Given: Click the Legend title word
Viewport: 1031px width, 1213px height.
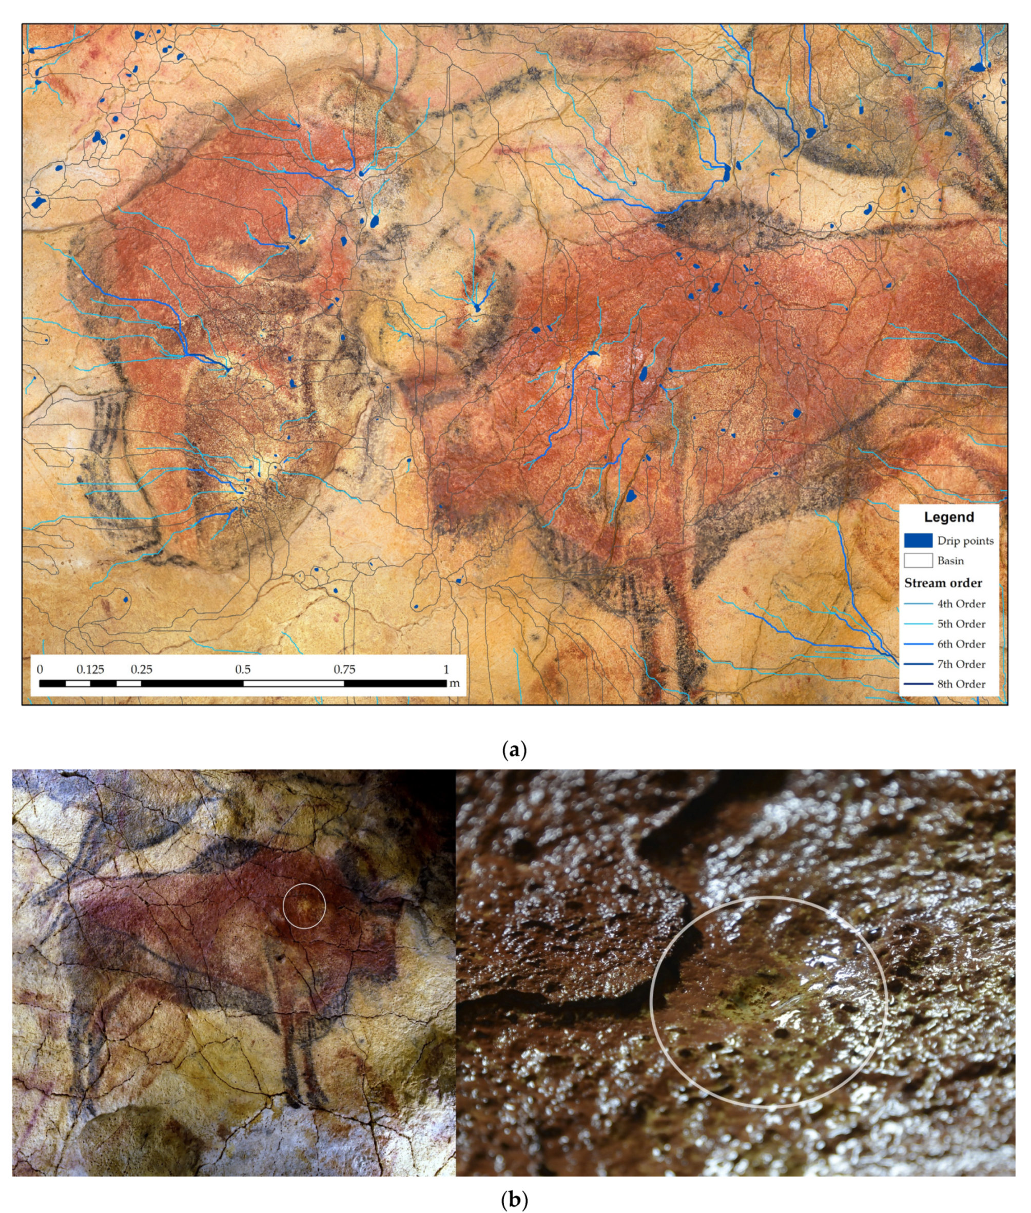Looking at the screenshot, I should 948,517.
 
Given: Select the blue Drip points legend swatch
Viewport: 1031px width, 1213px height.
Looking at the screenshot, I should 918,540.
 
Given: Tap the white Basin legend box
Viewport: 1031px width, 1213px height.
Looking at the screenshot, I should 918,560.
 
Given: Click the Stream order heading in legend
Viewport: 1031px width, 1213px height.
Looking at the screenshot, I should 943,583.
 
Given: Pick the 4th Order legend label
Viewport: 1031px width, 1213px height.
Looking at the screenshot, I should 961,604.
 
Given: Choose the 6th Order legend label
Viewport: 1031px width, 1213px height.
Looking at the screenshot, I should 961,644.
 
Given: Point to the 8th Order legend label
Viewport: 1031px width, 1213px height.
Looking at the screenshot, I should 961,683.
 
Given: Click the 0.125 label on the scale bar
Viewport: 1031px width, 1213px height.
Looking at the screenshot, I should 91,669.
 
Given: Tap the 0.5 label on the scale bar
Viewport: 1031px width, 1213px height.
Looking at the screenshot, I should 243,669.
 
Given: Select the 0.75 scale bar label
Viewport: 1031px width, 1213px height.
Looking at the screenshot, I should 344,669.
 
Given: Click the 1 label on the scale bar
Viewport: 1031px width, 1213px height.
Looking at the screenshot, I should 446,669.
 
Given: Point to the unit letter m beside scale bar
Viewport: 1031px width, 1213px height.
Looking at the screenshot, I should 454,683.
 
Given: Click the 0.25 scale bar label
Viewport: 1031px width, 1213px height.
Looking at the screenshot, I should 142,669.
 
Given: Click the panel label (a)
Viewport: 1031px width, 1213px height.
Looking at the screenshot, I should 514,750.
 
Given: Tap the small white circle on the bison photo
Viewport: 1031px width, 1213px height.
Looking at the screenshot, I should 304,906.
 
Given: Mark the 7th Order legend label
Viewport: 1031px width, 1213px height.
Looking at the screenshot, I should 961,664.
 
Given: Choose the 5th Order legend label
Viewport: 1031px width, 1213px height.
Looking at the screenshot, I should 961,624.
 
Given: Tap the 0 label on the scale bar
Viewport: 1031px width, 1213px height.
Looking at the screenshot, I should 40,669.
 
